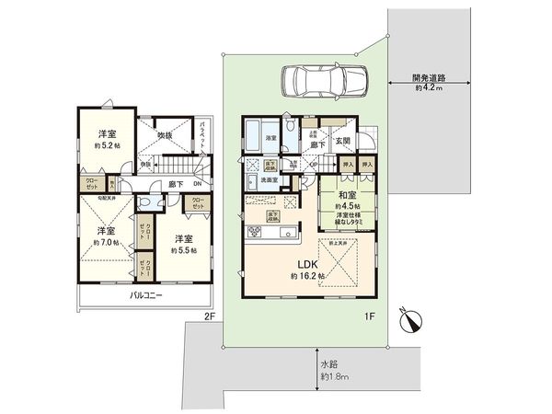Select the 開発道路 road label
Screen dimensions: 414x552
click(x=429, y=77)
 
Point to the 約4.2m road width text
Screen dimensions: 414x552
click(x=429, y=88)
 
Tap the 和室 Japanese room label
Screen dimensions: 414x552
click(x=348, y=195)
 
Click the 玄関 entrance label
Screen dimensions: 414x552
click(x=343, y=141)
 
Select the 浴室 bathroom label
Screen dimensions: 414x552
click(x=271, y=139)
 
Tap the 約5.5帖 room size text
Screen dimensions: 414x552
click(x=186, y=248)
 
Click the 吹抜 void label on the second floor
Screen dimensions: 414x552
click(x=166, y=136)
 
